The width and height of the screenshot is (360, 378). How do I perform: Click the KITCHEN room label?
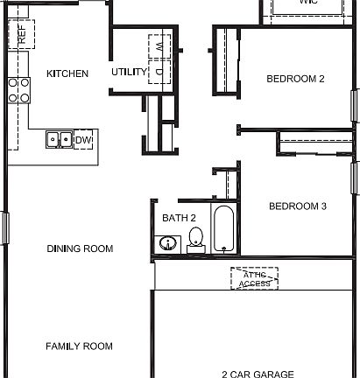(x=67, y=73)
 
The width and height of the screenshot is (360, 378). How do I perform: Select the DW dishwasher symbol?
(x=83, y=140)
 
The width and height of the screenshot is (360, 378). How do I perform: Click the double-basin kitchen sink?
(x=60, y=139)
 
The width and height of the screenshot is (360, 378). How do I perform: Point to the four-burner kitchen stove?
(x=18, y=89)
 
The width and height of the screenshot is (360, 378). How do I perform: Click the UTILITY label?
(x=128, y=73)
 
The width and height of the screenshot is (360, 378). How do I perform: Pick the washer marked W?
(x=159, y=44)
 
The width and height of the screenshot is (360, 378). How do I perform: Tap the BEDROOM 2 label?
(x=295, y=79)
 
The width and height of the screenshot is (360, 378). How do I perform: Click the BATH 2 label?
(x=179, y=218)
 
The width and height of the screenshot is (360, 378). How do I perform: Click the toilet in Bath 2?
(x=196, y=238)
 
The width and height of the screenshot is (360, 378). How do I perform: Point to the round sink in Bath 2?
(x=167, y=243)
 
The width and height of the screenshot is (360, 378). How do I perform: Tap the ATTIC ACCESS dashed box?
(x=255, y=278)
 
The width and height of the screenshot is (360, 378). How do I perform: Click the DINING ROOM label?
(x=80, y=249)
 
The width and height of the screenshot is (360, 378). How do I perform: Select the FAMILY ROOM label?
(x=79, y=346)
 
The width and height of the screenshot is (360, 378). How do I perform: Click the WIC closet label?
(x=307, y=3)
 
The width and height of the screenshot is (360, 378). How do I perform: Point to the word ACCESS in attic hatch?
(x=255, y=283)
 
